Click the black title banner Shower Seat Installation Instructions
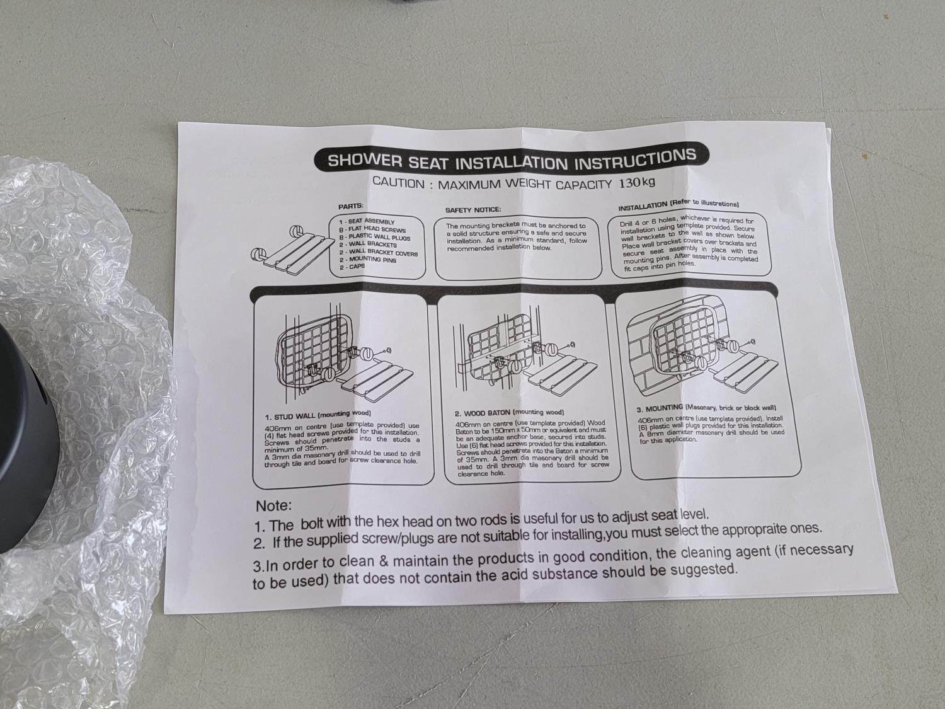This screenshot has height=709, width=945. [511, 159]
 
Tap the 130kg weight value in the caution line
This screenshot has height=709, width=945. [637, 183]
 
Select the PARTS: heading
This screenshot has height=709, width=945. [350, 206]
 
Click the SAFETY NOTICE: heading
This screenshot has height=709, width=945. [473, 210]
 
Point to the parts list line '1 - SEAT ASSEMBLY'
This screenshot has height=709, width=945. [367, 221]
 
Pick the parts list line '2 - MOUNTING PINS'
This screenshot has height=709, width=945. [367, 260]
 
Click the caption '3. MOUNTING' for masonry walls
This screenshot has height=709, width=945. [660, 408]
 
